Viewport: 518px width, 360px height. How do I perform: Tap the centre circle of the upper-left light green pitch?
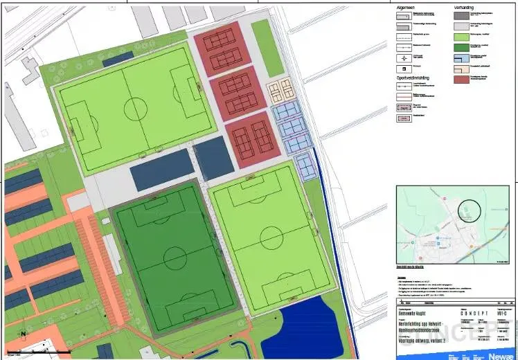pyautogui.click(x=135, y=108)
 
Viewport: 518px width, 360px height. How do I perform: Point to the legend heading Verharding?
pyautogui.click(x=464, y=7)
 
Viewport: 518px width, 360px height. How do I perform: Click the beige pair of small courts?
pyautogui.click(x=280, y=90)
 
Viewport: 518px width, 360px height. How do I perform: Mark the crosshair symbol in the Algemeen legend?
pyautogui.click(x=401, y=57)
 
